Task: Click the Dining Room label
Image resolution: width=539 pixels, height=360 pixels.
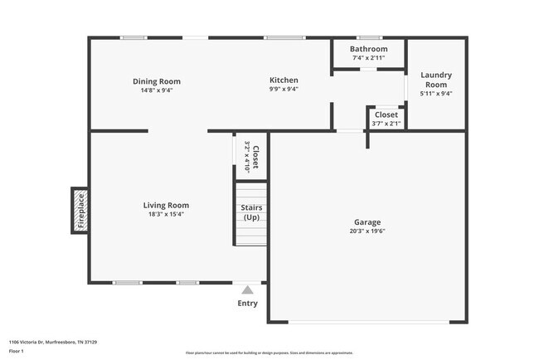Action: click(157, 81)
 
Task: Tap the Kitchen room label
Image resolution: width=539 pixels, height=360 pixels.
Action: click(284, 80)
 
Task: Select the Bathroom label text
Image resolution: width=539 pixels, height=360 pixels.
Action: click(368, 49)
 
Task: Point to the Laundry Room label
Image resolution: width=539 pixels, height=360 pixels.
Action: click(436, 80)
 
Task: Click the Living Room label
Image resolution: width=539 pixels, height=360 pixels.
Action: click(166, 205)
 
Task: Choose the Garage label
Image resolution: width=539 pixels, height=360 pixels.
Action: click(367, 222)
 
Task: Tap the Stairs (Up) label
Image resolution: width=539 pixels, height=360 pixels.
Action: click(251, 212)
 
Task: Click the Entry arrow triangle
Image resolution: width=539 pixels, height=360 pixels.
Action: click(247, 289)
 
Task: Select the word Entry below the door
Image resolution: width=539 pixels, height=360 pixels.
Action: click(247, 303)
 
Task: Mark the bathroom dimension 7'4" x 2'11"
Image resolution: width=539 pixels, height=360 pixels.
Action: click(368, 58)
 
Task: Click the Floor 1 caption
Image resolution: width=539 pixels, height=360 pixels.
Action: click(17, 352)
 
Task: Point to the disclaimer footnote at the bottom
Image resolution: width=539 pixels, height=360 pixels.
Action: click(269, 353)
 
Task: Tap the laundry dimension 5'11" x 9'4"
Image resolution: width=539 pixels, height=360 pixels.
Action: click(436, 94)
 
